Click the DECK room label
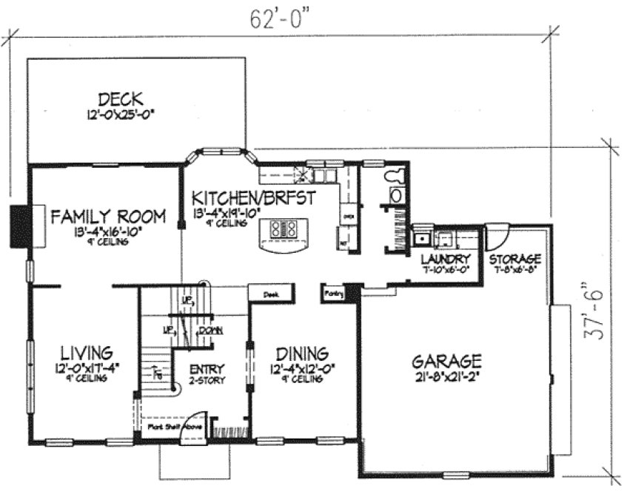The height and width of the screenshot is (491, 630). tap(120, 98)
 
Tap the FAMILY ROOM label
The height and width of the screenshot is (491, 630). tap(97, 217)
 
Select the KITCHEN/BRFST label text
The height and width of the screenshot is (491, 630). tap(254, 198)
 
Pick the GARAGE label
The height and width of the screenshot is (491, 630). tap(447, 362)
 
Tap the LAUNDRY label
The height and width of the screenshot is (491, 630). tap(446, 259)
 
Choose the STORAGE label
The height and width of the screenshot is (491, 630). tap(515, 259)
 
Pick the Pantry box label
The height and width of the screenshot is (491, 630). tap(333, 294)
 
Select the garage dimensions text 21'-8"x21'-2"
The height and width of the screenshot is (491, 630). tap(446, 379)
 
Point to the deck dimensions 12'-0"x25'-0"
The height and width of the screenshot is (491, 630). tap(120, 115)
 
